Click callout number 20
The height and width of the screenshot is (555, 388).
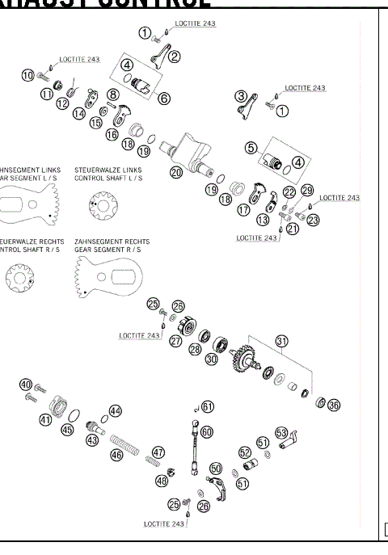pos(176,171)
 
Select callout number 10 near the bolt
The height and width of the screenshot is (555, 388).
pos(28,75)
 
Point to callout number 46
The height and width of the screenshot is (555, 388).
pos(117,456)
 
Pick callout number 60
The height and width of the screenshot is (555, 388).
pos(207,432)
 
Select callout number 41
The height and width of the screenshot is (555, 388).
pos(45,419)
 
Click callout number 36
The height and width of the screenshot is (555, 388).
pos(333,405)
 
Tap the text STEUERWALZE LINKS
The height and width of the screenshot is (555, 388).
pos(108,170)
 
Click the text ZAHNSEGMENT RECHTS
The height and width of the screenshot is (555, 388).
pos(112,242)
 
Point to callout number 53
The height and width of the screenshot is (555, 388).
pos(281,431)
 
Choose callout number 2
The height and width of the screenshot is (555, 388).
pos(175,57)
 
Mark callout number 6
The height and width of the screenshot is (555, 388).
pos(164,99)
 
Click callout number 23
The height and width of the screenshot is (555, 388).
pos(313,218)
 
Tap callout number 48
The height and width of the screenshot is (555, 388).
pos(162,481)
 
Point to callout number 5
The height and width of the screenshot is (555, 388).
pos(251,148)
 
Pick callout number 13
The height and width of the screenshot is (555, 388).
pos(263,220)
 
